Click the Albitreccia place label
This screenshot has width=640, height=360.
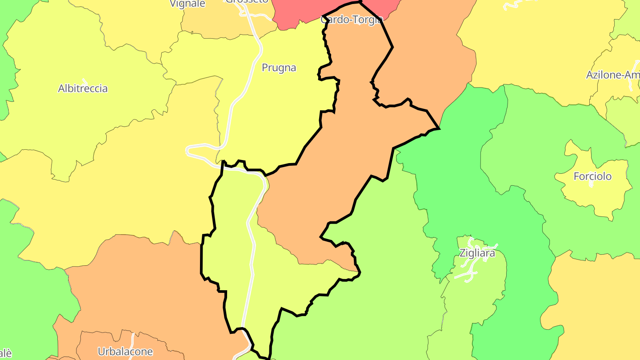pos(83,88)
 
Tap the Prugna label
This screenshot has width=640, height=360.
pos(279,68)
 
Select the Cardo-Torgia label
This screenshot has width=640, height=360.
pos(351,20)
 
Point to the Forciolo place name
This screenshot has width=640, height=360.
pos(592,176)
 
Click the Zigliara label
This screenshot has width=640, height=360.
pos(477,253)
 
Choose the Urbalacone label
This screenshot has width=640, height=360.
pos(125,352)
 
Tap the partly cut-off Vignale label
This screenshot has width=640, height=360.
pos(188,4)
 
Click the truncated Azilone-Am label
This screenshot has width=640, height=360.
pos(613,75)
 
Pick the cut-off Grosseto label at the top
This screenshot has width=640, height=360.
pos(247,2)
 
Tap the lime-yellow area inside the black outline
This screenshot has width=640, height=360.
pos(231,249)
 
